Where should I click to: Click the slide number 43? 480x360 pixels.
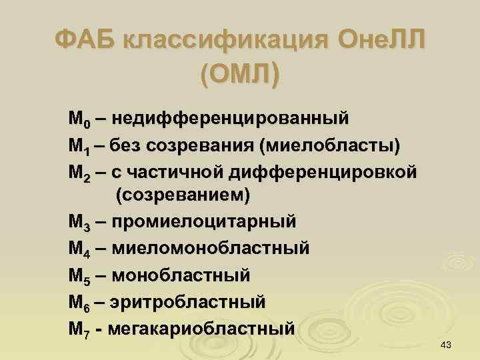click(x=447, y=344)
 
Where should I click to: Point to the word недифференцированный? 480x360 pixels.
click(x=231, y=119)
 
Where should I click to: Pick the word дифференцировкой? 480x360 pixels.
click(x=324, y=171)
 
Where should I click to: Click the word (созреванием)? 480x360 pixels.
click(x=183, y=197)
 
